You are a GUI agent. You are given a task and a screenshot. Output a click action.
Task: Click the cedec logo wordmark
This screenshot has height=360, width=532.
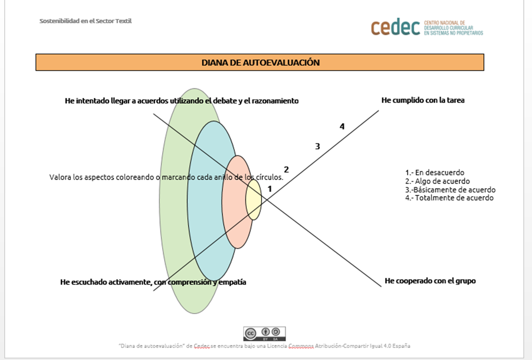395,27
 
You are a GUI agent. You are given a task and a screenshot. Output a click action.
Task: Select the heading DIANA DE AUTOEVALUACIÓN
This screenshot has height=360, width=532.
260,62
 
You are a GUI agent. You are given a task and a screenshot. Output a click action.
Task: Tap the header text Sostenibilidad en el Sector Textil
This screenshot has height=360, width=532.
86,21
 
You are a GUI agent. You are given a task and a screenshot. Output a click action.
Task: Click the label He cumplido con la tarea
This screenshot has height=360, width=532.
423,100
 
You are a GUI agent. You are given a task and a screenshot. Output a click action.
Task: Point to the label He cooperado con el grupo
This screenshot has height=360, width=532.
430,281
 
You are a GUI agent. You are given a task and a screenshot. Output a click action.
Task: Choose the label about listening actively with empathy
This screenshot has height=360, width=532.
153,282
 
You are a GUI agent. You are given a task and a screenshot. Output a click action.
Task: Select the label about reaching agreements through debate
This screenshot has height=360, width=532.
182,101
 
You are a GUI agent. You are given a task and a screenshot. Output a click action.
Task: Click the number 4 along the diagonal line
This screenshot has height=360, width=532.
342,126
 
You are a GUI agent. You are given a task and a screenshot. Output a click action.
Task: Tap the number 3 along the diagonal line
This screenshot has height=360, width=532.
318,147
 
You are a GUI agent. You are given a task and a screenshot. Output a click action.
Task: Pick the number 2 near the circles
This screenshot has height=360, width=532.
286,169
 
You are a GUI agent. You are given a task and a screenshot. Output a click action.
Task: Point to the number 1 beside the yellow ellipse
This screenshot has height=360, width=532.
270,189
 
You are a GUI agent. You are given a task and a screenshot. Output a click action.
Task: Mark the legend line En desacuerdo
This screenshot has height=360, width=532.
435,173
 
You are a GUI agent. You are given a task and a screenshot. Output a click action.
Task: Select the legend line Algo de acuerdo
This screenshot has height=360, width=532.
437,181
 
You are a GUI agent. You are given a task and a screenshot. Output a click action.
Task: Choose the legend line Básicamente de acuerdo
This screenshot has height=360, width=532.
450,190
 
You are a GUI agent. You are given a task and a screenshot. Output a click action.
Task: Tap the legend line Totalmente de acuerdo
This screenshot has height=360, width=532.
449,198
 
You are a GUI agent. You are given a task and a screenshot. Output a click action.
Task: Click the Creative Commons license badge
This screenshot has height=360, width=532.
264,334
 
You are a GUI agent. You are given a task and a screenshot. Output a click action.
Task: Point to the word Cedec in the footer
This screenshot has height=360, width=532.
201,346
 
